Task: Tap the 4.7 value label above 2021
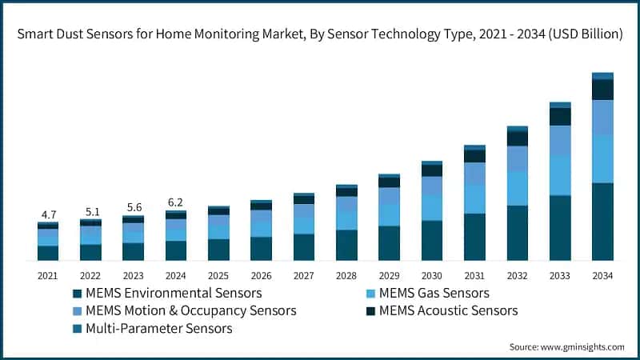(x=49, y=214)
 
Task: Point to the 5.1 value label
(x=91, y=212)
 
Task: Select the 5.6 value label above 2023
(x=134, y=206)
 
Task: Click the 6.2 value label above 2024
(x=176, y=202)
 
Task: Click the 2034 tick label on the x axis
(x=602, y=275)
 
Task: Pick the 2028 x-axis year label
(x=346, y=275)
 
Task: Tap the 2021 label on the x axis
(x=48, y=275)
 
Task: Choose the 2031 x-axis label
(x=474, y=275)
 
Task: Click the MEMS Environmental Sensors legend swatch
(x=77, y=293)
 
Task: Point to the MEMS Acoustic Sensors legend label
(x=449, y=310)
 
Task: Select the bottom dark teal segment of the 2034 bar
(x=602, y=222)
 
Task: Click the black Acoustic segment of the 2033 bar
(x=560, y=117)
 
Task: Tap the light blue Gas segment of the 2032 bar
(x=518, y=188)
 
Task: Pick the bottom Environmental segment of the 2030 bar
(x=432, y=240)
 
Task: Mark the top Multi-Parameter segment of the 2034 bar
(x=602, y=76)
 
